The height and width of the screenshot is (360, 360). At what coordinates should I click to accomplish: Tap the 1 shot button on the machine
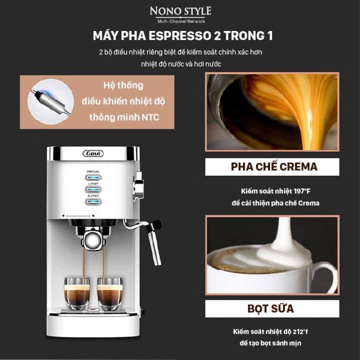click(92, 189)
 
